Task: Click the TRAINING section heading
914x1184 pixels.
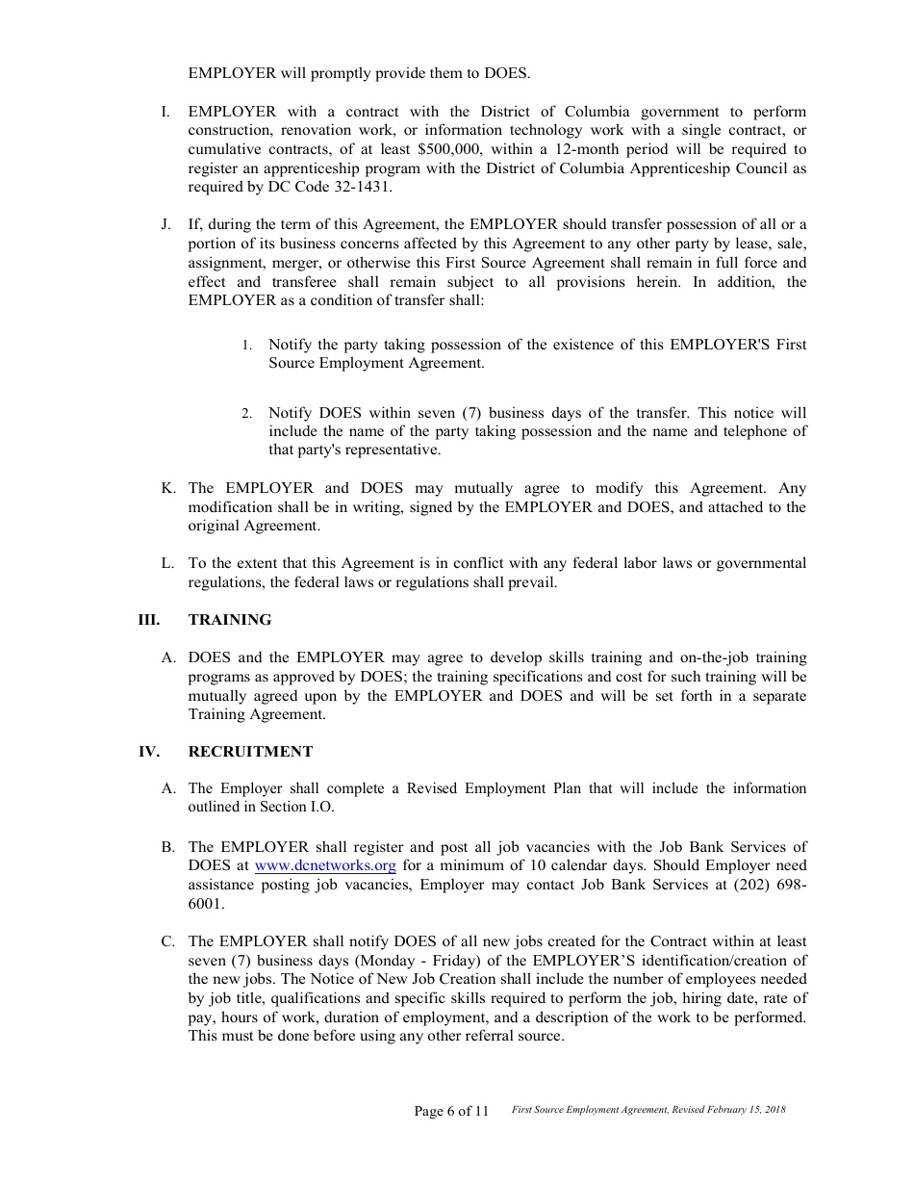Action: click(x=230, y=620)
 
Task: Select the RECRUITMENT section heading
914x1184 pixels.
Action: click(x=250, y=752)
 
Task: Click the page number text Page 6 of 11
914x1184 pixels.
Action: click(x=451, y=1111)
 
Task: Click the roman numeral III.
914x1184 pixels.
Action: click(x=149, y=620)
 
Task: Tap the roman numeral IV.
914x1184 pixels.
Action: click(x=149, y=752)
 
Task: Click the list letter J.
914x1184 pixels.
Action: click(x=166, y=225)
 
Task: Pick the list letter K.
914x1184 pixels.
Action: click(x=167, y=489)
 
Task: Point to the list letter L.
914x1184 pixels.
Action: click(x=167, y=564)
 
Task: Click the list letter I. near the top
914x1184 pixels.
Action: click(x=167, y=113)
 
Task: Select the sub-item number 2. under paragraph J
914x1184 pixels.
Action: click(x=246, y=414)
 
